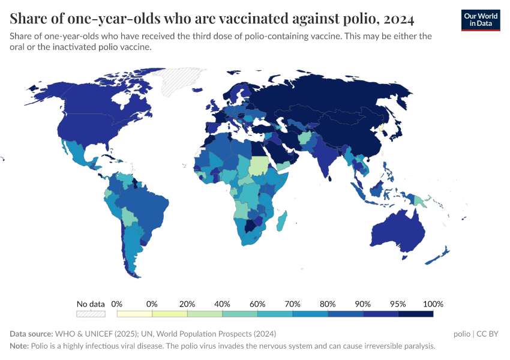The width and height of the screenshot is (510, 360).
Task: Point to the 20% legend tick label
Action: click(187, 304)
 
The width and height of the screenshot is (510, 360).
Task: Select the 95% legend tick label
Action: click(398, 304)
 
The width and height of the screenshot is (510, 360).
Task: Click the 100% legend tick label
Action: click(433, 304)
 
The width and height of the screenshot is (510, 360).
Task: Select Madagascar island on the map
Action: click(281, 221)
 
